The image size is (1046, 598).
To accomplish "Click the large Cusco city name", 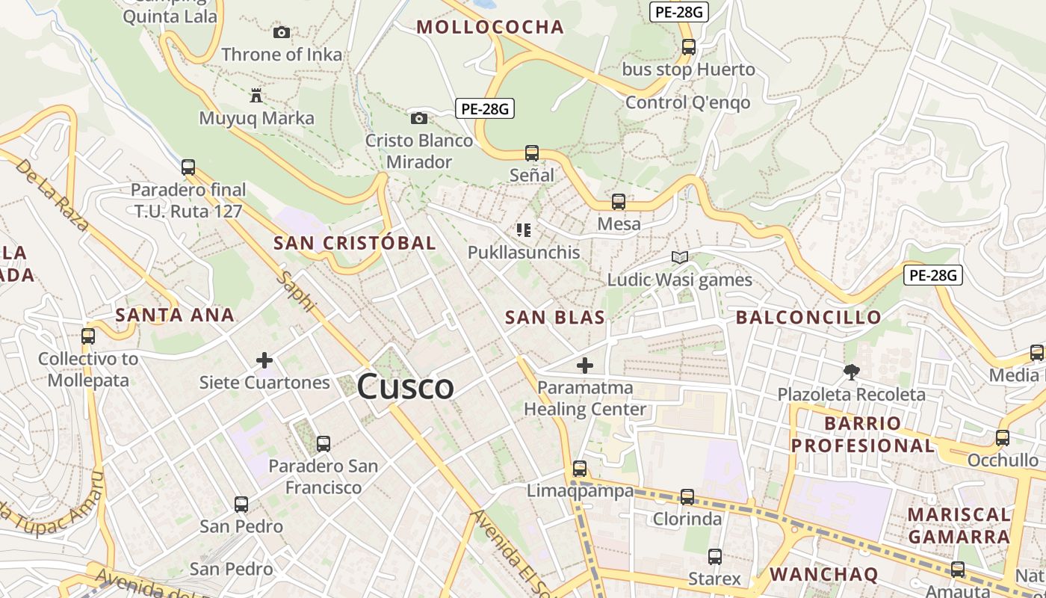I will [405, 386].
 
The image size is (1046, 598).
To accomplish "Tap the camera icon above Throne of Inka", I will [282, 32].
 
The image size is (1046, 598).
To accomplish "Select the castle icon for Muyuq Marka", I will [256, 95].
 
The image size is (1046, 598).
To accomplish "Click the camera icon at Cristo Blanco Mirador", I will [419, 118].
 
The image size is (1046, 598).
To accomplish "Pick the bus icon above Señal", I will [532, 153].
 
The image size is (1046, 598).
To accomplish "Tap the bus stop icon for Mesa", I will [619, 202].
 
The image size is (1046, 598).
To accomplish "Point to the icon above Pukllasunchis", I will [524, 230].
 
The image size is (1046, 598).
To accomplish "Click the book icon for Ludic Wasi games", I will [679, 258].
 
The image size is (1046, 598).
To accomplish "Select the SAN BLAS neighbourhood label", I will [555, 318].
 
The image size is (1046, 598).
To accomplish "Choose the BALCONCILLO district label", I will [808, 318].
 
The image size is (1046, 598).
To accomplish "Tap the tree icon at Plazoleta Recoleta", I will [851, 372].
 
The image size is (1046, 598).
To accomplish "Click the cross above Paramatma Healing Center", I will [585, 366].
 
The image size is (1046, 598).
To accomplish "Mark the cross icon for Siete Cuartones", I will [264, 360].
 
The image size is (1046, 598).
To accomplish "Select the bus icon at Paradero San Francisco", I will [324, 444].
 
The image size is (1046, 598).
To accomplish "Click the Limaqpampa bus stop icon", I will [580, 469].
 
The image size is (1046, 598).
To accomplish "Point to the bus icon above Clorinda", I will [687, 497].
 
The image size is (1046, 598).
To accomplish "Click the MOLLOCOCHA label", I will [490, 28].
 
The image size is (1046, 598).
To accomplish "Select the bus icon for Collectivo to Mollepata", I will [88, 336].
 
